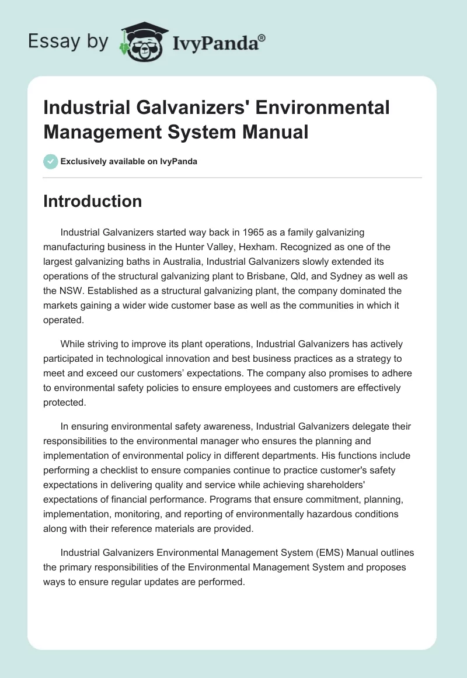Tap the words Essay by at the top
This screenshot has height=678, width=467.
click(x=68, y=42)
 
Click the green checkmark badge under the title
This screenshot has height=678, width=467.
click(x=51, y=161)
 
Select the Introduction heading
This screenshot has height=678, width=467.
click(x=92, y=201)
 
